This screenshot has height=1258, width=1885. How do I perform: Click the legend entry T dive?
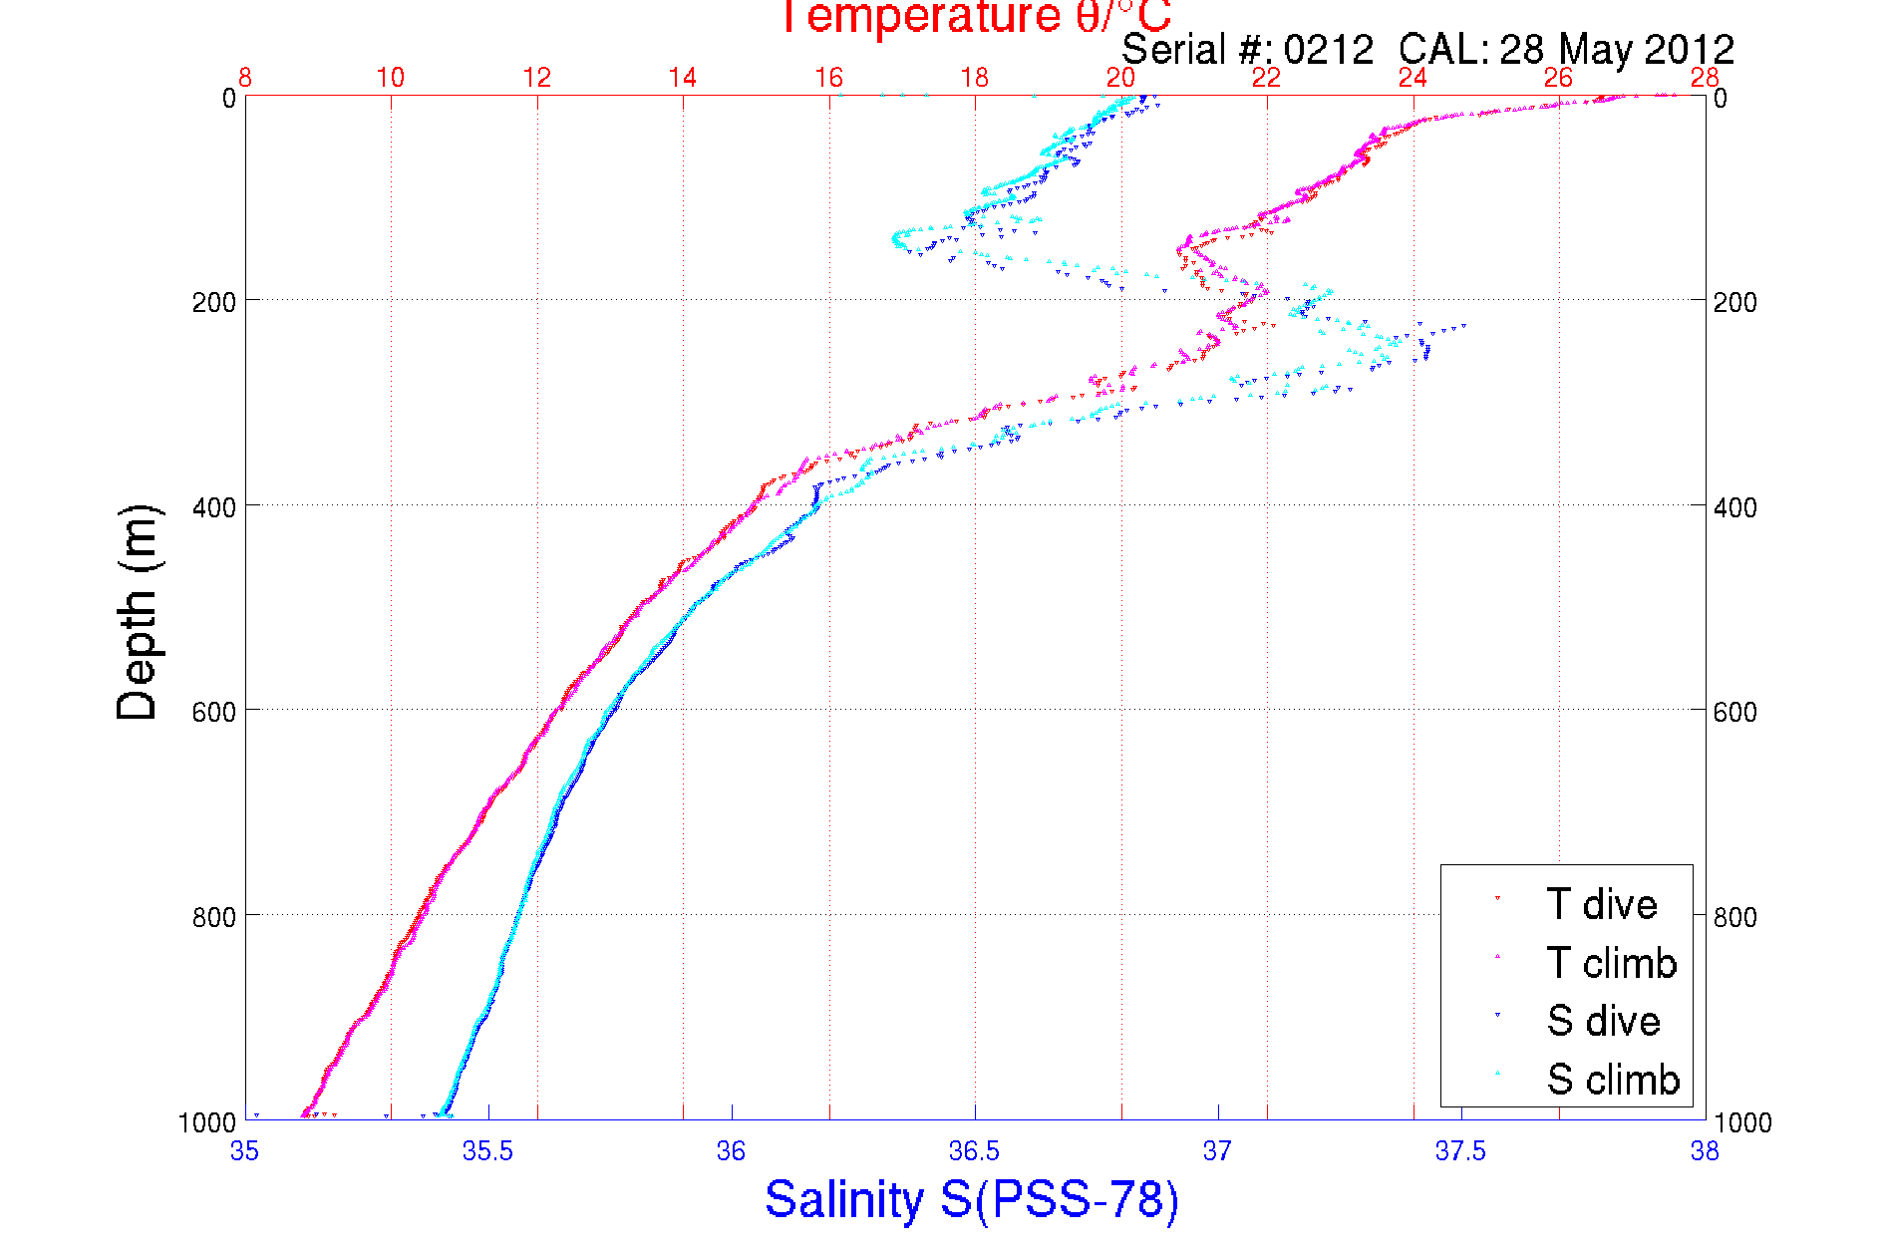coord(1601,904)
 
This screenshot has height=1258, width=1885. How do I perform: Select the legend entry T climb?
coord(1611,963)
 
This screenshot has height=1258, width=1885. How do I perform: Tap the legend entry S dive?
coord(1603,1021)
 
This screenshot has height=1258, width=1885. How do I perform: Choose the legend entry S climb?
coord(1613,1080)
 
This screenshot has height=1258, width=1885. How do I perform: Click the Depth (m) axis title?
coord(138,612)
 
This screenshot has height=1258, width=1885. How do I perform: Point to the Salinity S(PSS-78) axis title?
coord(972,1199)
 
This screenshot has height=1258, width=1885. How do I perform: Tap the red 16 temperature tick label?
coord(828,78)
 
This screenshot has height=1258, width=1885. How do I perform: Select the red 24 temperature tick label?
coord(1413,78)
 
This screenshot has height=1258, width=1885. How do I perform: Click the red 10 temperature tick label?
coord(391,78)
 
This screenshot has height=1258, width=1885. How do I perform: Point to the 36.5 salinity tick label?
coord(974,1152)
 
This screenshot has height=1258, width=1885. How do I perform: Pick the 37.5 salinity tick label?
coord(1460,1152)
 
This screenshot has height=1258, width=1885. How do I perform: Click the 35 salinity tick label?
coord(244,1152)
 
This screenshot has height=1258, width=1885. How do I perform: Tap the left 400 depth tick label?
coord(213,507)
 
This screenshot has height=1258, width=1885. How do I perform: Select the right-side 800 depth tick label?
coord(1734,917)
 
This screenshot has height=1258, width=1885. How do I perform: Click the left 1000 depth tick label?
coord(207,1123)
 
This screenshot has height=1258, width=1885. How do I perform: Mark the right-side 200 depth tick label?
coord(1734,302)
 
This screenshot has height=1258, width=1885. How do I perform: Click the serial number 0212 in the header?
coord(1328,50)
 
